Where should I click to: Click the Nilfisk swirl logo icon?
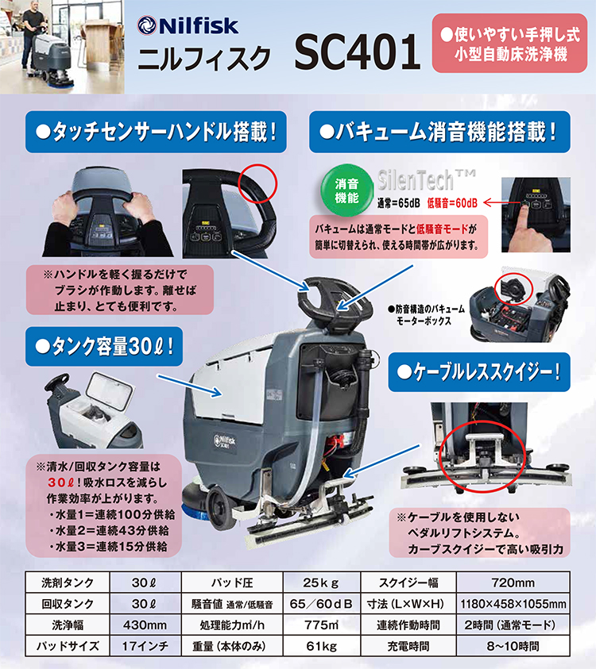(146, 25)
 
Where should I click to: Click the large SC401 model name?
(357, 52)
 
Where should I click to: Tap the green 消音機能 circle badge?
(346, 190)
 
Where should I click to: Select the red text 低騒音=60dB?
(452, 203)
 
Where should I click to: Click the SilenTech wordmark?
(426, 180)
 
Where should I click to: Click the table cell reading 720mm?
(513, 582)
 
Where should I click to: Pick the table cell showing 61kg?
(321, 646)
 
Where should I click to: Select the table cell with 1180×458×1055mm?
(513, 604)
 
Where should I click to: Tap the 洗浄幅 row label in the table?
(68, 625)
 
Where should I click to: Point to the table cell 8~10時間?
(513, 646)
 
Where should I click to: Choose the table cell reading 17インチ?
(145, 646)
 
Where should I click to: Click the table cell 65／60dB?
(321, 604)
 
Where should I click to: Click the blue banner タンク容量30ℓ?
(104, 347)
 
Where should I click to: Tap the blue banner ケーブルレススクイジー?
(479, 372)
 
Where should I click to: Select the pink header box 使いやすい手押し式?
(509, 43)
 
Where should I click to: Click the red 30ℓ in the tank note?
(62, 483)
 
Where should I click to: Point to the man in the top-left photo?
(32, 38)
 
